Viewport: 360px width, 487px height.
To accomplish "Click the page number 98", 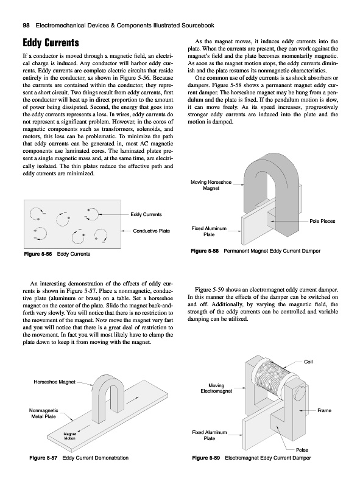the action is coord(26,26).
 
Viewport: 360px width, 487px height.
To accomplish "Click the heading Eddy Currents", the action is coord(51,43).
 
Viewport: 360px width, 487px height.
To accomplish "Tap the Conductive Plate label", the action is coord(152,231).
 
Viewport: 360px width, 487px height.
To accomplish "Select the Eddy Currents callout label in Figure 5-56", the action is coord(146,214).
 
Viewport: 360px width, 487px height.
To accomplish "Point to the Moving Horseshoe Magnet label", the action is coord(211,185).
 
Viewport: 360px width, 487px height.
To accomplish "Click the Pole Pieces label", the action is coord(322,221).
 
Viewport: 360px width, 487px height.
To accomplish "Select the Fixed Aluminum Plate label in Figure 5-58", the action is coord(209,231).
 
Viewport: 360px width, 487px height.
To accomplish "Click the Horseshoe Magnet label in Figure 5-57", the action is coord(54,382).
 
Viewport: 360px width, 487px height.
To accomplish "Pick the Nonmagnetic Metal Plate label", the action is coord(43,413).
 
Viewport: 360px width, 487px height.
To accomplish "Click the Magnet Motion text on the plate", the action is coord(69,436).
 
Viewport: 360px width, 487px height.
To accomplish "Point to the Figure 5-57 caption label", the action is coord(43,458).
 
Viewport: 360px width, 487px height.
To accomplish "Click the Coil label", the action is coord(308,362).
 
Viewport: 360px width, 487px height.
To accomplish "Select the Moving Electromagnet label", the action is coord(216,388).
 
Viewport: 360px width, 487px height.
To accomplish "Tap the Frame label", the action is coord(324,410).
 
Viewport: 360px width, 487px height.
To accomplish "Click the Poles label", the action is coord(302,450).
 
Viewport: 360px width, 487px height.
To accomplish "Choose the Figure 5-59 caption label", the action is coord(206,458).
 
